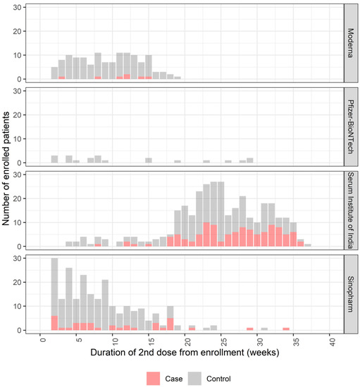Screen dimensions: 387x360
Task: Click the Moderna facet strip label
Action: point(350,43)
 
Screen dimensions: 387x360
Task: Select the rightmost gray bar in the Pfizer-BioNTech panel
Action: point(250,160)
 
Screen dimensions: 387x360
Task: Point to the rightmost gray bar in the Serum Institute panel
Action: point(308,246)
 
